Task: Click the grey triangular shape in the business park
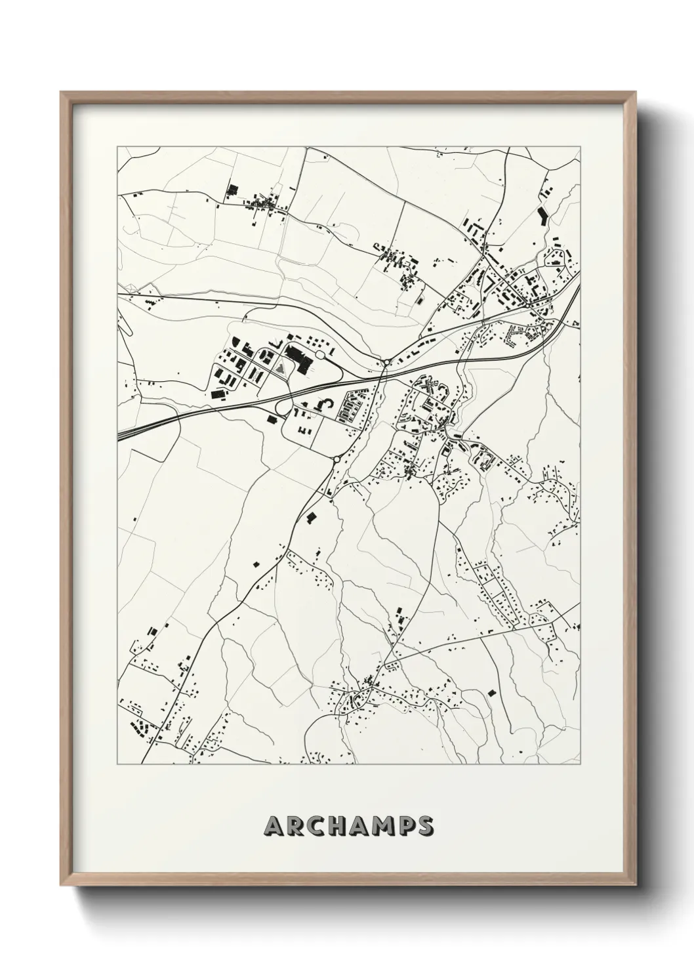(281, 369)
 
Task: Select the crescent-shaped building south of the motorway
(322, 406)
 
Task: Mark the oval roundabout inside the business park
(321, 354)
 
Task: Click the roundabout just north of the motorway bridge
(388, 362)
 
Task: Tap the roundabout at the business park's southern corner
(337, 460)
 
